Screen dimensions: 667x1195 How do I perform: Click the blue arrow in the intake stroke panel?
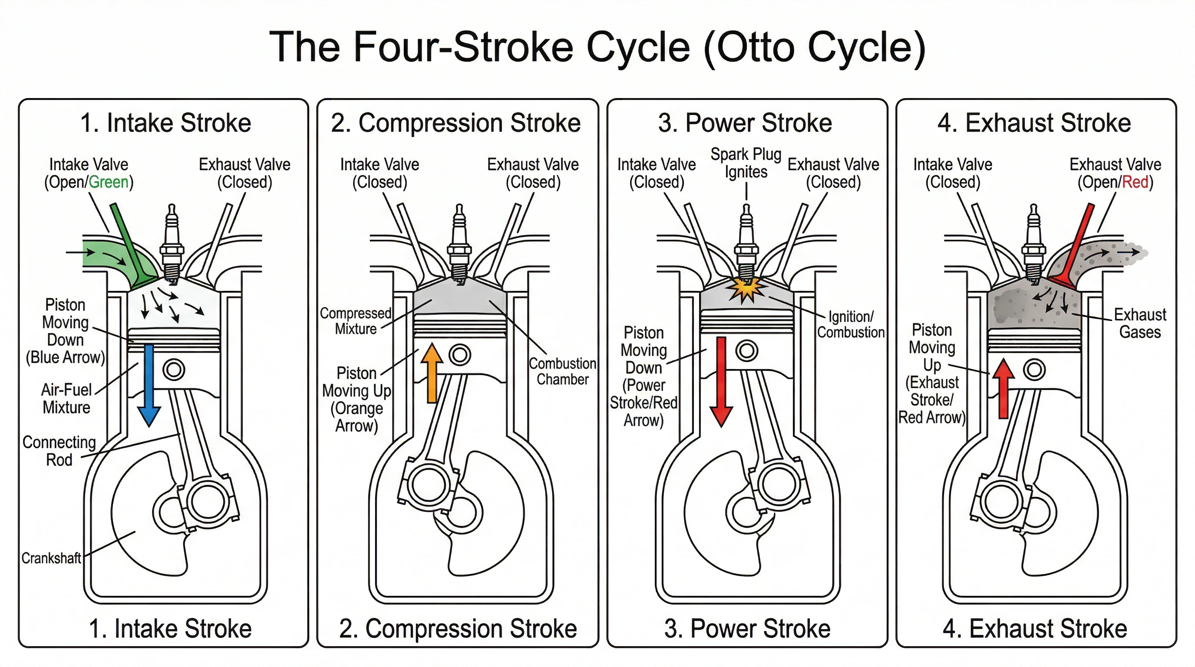tap(149, 385)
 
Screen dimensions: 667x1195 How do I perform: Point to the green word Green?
tap(109, 182)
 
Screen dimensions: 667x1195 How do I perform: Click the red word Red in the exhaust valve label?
tap(1135, 182)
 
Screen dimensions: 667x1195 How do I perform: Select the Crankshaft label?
tap(51, 558)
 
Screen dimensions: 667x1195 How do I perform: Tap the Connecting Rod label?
tap(59, 451)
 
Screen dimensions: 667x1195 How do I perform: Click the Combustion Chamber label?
tap(562, 371)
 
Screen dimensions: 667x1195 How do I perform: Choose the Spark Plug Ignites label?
tap(746, 163)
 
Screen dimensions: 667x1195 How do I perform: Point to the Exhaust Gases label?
tap(1140, 324)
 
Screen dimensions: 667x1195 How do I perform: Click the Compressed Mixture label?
tap(356, 321)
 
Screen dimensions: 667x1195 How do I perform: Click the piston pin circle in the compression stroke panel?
tap(460, 355)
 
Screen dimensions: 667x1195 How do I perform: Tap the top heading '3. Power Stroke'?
tap(745, 123)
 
